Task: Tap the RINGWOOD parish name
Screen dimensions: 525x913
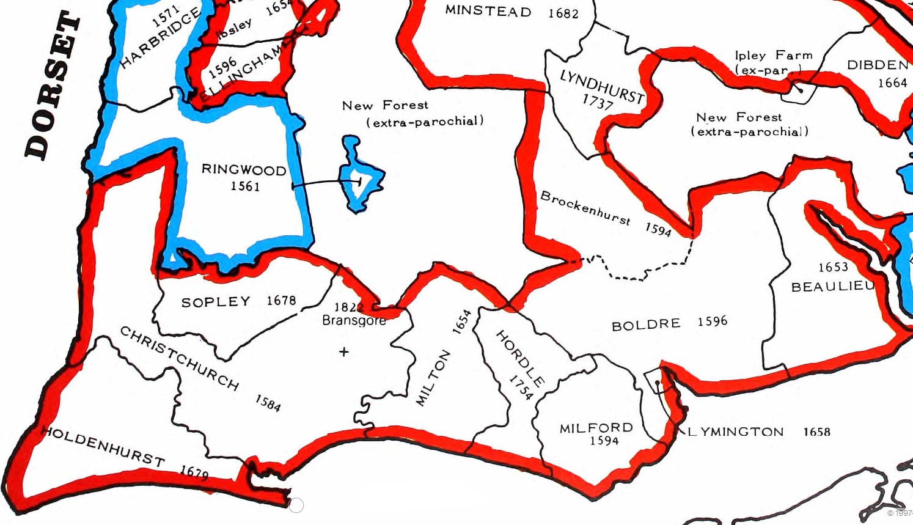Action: point(244,170)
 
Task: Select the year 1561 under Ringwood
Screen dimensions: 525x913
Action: point(245,186)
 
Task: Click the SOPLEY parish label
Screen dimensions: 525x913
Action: point(216,302)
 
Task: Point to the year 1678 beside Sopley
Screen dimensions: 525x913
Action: point(281,301)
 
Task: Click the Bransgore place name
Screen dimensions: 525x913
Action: point(354,320)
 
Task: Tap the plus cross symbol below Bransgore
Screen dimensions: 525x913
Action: point(344,351)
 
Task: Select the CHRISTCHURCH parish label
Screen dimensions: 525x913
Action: point(178,358)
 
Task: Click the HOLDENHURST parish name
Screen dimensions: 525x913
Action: point(103,446)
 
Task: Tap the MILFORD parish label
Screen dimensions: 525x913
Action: point(596,428)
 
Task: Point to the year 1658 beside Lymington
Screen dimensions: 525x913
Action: point(816,431)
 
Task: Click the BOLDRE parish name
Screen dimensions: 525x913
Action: point(646,324)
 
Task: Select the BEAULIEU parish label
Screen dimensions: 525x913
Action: point(832,287)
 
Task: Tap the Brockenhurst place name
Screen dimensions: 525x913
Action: point(585,208)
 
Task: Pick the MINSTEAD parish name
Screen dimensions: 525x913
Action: point(488,10)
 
